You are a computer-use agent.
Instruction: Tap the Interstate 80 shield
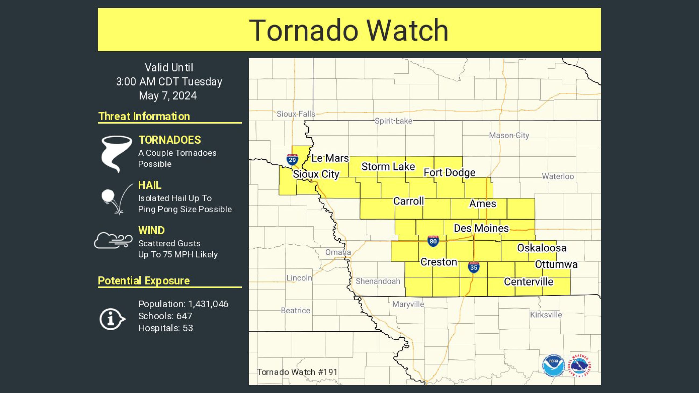point(433,241)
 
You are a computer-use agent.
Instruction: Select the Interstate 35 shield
point(473,267)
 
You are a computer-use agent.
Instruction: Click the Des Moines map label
point(481,228)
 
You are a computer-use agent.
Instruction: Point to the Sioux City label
point(316,174)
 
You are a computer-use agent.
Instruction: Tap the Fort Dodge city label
point(449,173)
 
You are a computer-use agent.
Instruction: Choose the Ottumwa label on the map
point(556,264)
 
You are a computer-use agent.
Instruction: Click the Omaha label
point(338,252)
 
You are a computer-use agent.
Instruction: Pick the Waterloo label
point(558,176)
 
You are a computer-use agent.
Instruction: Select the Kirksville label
point(546,315)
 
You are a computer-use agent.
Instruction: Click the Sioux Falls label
point(296,114)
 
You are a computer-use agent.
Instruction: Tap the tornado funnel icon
point(116,153)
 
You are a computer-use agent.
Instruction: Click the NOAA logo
point(554,365)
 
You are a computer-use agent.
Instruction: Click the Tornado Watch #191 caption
point(297,372)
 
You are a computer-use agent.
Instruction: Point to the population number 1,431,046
point(208,304)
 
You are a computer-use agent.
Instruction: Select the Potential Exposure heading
point(144,280)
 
